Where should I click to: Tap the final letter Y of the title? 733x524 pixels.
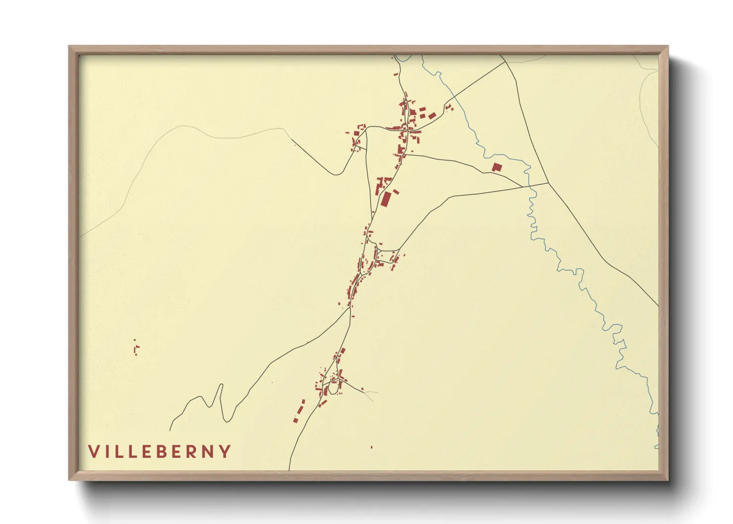click(x=225, y=451)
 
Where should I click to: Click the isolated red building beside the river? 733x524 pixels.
click(x=497, y=167)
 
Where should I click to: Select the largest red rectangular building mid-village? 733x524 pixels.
click(x=386, y=199)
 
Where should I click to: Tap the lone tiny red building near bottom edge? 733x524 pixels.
click(x=371, y=447)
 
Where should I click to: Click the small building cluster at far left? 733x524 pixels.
click(x=136, y=348)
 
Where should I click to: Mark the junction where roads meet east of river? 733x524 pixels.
click(x=548, y=183)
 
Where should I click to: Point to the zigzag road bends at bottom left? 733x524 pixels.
click(x=218, y=401)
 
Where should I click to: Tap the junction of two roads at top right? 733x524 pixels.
click(x=505, y=61)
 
